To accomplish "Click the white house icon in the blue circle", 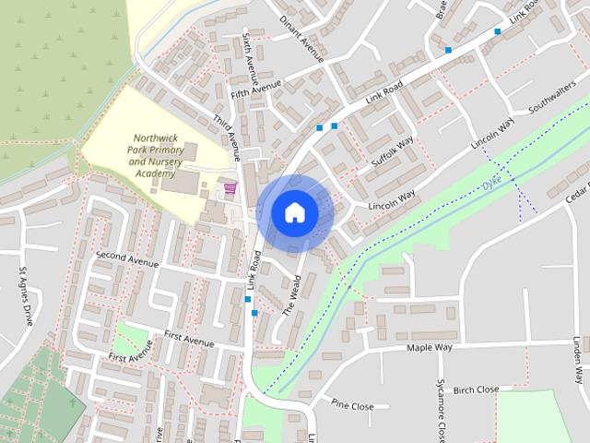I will (294, 212).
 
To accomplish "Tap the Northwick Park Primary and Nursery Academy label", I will (152, 154).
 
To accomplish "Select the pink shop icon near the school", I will (230, 188).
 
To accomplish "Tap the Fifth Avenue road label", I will (255, 90).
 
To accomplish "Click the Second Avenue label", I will (127, 257).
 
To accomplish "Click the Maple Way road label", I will (431, 348).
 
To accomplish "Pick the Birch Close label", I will (477, 389).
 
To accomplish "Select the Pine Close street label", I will (352, 406).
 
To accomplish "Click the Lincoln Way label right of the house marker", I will (393, 205).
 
